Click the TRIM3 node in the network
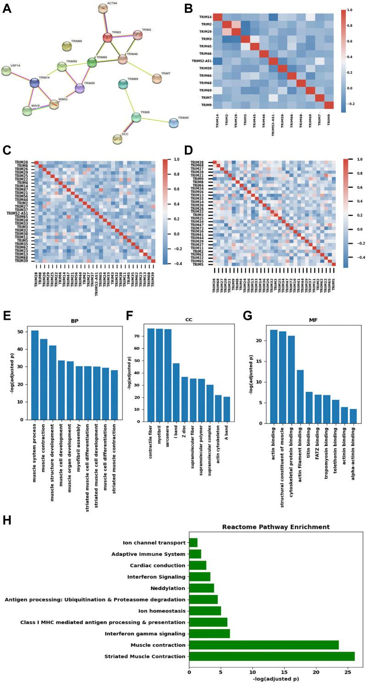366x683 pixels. (x=107, y=38)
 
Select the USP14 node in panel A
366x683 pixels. (x=6, y=71)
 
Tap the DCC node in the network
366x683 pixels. (x=117, y=139)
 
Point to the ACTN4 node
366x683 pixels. (x=103, y=8)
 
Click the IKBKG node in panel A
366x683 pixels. (x=54, y=104)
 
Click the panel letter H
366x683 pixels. (x=7, y=520)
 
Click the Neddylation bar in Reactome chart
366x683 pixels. (x=201, y=588)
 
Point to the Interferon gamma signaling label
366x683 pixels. (x=144, y=634)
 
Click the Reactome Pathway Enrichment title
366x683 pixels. (x=276, y=527)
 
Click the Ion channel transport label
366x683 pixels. (x=154, y=543)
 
